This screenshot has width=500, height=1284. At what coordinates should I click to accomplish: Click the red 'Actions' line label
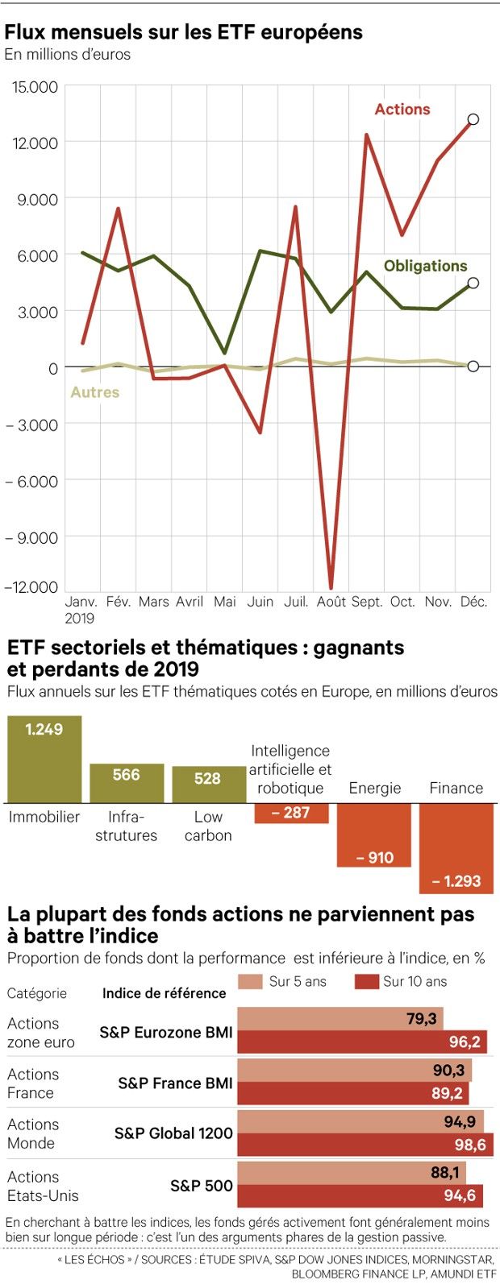click(402, 110)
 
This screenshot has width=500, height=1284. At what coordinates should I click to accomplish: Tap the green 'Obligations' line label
click(425, 266)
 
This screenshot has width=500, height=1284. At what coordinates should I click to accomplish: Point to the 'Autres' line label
click(95, 392)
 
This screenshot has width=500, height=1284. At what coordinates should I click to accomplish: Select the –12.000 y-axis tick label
click(32, 587)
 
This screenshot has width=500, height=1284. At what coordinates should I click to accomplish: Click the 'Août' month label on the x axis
click(331, 602)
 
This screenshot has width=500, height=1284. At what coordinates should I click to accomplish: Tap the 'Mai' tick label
click(225, 602)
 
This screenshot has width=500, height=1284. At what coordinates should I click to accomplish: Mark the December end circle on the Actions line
click(473, 119)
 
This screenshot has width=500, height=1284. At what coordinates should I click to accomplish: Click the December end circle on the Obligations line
click(473, 283)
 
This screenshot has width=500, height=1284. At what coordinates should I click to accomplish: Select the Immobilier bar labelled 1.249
click(44, 759)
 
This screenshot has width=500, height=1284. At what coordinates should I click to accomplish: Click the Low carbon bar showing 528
click(208, 784)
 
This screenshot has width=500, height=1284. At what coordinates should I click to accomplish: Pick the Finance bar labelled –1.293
click(456, 848)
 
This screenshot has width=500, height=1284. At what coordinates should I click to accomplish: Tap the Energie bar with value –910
click(375, 835)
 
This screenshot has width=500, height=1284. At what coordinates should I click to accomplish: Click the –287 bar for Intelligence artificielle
click(291, 813)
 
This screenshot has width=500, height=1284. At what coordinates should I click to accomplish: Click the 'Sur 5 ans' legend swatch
click(251, 981)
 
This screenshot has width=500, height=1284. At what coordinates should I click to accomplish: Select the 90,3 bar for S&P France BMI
click(355, 1070)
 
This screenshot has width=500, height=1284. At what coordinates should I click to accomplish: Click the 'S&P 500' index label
click(202, 1186)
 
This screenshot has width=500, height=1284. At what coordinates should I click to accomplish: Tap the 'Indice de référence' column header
click(164, 993)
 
